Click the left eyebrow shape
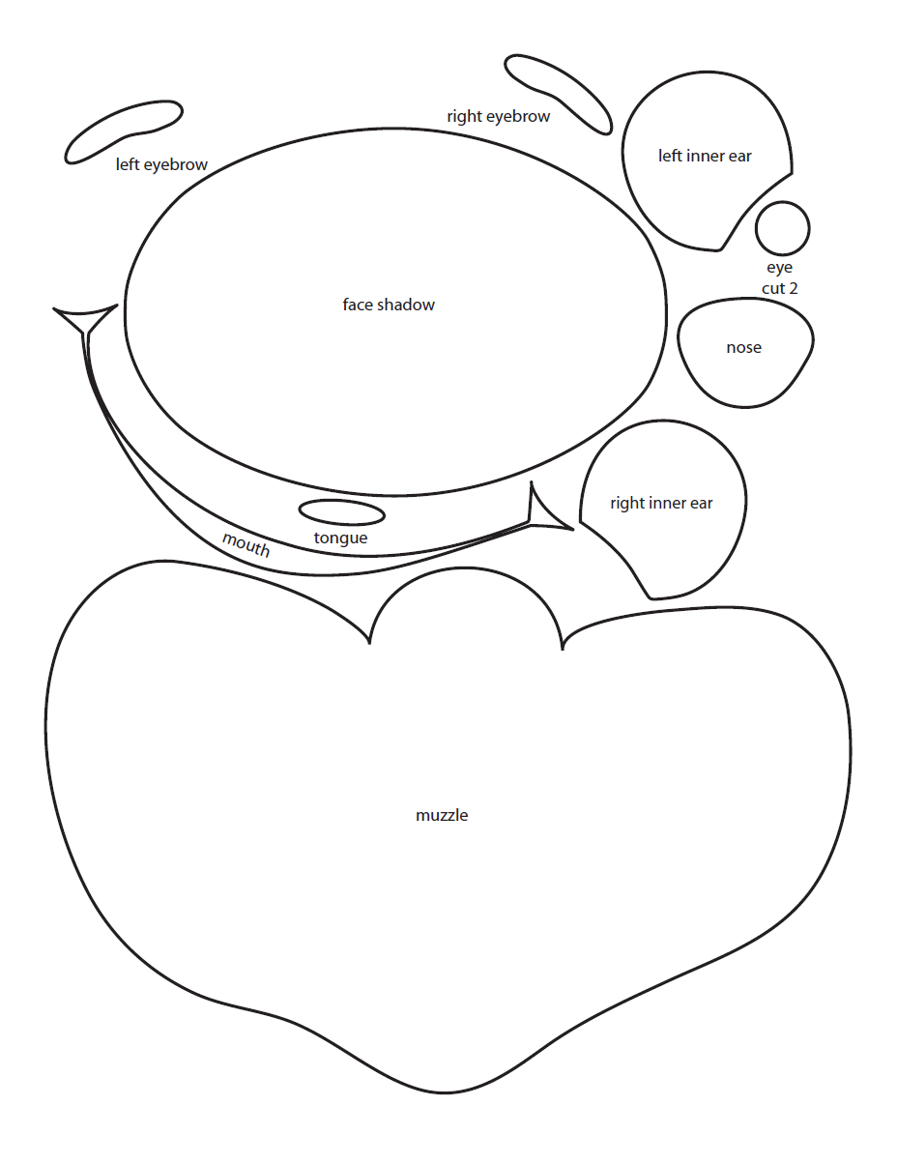pos(123,131)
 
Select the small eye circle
pos(782,228)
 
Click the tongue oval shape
pos(341,512)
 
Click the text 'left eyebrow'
pos(161,164)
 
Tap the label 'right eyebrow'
pos(499,116)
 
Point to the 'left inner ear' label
pos(705,156)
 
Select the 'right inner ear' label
pos(661,503)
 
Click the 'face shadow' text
pos(389,305)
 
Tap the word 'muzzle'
pos(442,815)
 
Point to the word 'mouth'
pos(246,544)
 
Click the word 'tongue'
pos(340,538)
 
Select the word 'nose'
pos(744,348)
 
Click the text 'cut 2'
pos(780,288)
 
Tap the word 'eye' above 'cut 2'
pos(780,268)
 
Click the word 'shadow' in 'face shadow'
pos(406,305)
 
